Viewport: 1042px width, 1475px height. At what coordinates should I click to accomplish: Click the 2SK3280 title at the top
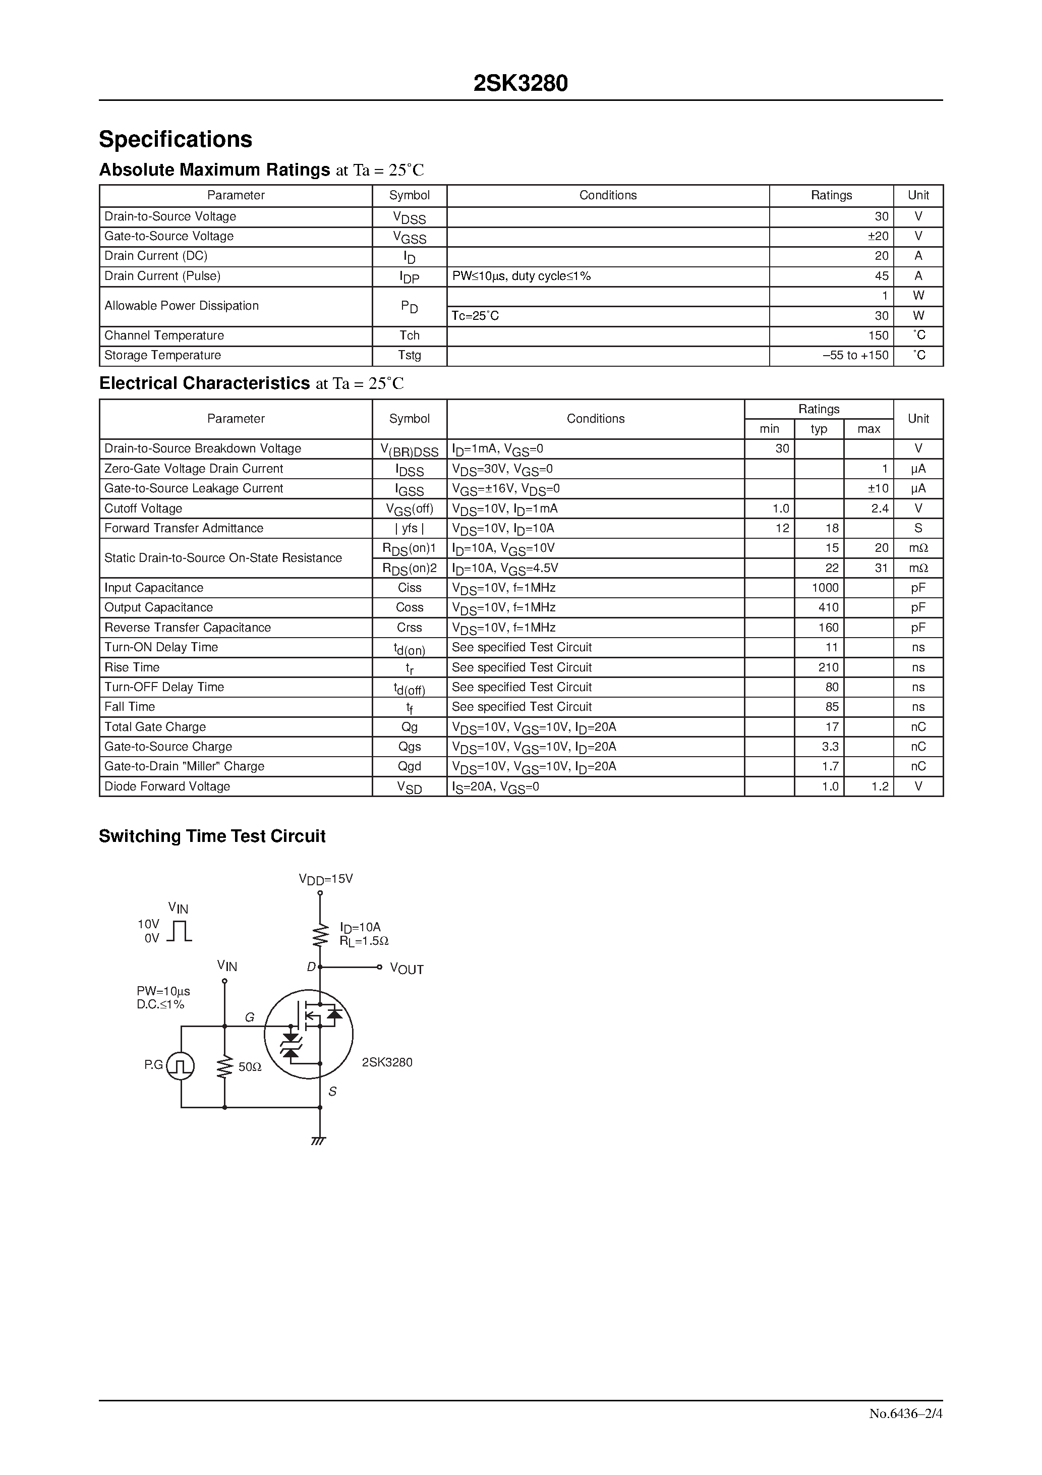click(520, 84)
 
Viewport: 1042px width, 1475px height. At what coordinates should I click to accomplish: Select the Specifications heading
click(176, 139)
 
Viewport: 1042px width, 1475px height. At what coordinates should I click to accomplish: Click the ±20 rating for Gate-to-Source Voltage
click(878, 237)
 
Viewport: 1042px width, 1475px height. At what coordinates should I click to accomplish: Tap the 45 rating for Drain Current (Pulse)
click(882, 276)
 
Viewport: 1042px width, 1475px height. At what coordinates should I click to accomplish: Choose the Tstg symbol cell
click(409, 355)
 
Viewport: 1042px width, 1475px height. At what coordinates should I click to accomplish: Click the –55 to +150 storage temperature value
click(856, 355)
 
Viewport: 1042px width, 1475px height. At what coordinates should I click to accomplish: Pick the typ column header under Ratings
click(819, 429)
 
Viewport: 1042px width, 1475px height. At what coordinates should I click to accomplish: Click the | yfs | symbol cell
click(409, 528)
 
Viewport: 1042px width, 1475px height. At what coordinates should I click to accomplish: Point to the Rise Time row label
click(132, 667)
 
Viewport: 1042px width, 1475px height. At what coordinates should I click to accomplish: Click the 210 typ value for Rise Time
click(828, 667)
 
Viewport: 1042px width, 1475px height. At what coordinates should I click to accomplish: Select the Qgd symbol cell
click(409, 766)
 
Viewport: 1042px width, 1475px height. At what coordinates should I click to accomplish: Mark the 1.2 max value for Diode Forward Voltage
click(880, 786)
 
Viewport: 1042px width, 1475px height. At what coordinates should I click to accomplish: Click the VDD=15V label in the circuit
click(326, 879)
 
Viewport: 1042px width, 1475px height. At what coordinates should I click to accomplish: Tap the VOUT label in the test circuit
click(407, 970)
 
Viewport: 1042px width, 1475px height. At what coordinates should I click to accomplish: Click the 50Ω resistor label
click(250, 1067)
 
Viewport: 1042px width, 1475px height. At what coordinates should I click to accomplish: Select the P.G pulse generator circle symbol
click(181, 1066)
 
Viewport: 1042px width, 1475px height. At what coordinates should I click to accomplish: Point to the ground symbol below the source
click(319, 1141)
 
